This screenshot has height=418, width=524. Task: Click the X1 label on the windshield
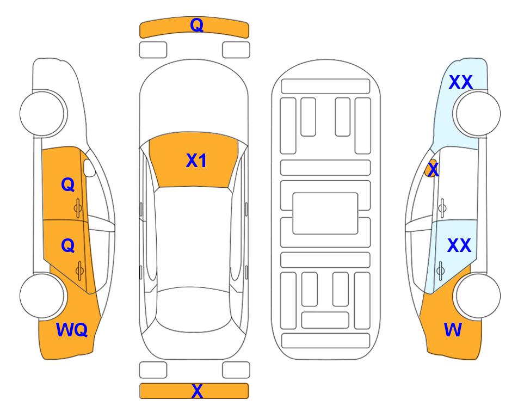click(x=196, y=161)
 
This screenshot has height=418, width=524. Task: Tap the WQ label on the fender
click(x=72, y=330)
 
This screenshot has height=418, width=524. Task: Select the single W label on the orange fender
click(x=453, y=330)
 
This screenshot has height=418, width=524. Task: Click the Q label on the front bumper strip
click(x=196, y=24)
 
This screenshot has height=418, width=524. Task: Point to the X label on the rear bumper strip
click(x=197, y=391)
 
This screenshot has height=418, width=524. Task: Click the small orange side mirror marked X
click(x=431, y=168)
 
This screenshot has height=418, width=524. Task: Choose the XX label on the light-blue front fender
click(x=460, y=82)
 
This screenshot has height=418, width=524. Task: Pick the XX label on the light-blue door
click(x=459, y=245)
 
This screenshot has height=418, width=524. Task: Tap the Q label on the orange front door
click(x=68, y=185)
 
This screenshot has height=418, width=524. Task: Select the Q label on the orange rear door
click(x=68, y=246)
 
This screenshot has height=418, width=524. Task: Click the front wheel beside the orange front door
click(x=42, y=113)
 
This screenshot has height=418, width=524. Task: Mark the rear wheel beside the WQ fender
click(x=42, y=296)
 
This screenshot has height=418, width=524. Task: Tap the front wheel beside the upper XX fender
click(x=478, y=113)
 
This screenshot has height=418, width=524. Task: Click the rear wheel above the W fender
click(x=478, y=296)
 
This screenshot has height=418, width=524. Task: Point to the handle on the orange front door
click(x=78, y=208)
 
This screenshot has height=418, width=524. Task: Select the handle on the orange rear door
click(x=79, y=271)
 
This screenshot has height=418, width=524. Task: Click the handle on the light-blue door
click(x=441, y=270)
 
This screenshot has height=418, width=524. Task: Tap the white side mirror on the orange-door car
click(x=89, y=168)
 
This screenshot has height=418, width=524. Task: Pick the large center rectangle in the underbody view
click(x=325, y=213)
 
